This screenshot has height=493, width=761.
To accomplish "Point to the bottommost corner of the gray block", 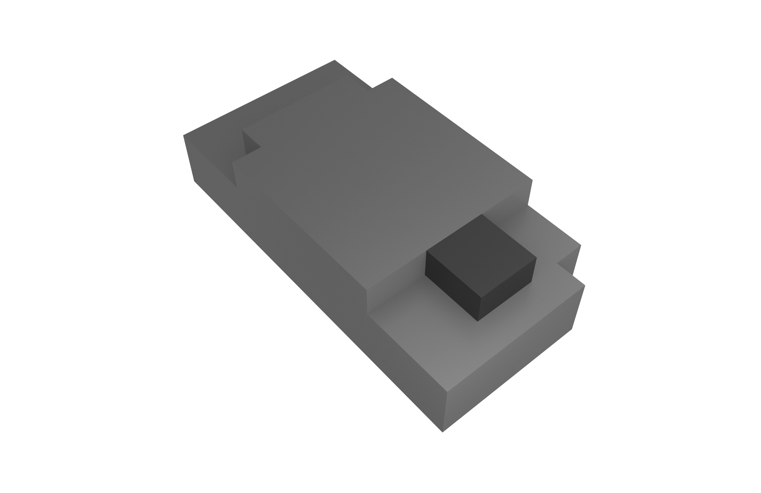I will tap(443, 432).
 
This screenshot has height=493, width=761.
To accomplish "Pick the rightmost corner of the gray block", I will tap(585, 285).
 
